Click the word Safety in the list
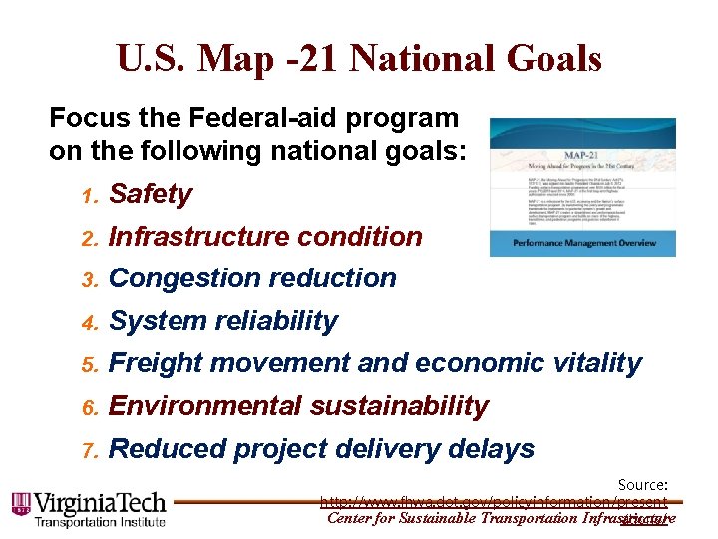150,194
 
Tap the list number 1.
88,196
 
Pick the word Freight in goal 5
154,364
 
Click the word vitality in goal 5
594,364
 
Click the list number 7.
88,451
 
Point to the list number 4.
88,323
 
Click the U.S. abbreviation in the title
151,59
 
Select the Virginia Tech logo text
100,503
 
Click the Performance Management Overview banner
582,243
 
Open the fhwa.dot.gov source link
495,501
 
